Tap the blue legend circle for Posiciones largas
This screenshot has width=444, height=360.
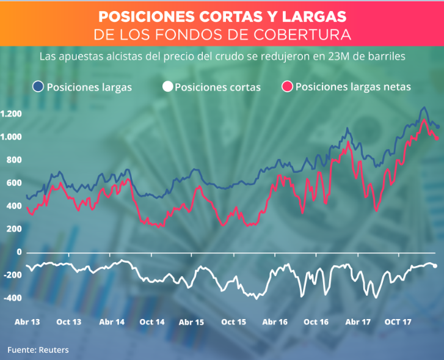(38, 87)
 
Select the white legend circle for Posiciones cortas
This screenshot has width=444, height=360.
(167, 87)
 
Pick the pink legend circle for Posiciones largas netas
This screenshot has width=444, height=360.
(287, 87)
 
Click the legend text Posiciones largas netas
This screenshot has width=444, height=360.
(353, 87)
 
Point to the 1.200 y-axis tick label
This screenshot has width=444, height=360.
(11, 114)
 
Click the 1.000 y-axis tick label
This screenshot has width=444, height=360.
(11, 137)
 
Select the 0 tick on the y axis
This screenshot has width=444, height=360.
(20, 252)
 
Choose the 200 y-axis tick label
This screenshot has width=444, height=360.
(14, 229)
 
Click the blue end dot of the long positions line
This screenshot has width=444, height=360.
(437, 127)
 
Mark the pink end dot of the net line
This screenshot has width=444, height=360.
(437, 138)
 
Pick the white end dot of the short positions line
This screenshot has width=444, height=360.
(435, 266)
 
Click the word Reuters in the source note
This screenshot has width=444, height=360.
(53, 350)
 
